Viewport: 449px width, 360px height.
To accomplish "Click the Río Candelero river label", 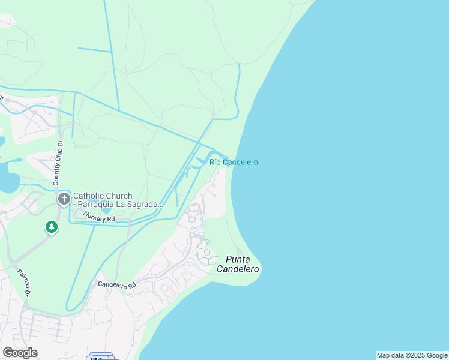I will point(234,162).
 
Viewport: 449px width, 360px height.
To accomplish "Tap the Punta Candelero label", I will point(242,265).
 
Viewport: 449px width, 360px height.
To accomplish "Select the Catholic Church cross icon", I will point(64,199).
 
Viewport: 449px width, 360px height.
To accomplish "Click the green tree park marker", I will point(52,227).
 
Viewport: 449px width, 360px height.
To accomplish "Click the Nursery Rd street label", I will point(99,218).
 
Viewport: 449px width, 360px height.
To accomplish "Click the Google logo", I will point(20,352).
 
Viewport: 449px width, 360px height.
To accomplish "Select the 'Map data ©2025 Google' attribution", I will point(412,355).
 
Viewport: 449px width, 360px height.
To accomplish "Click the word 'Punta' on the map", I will point(238,259).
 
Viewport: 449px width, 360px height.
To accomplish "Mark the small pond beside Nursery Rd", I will point(106,211).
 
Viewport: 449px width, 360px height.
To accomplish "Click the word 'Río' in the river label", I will point(216,162).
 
